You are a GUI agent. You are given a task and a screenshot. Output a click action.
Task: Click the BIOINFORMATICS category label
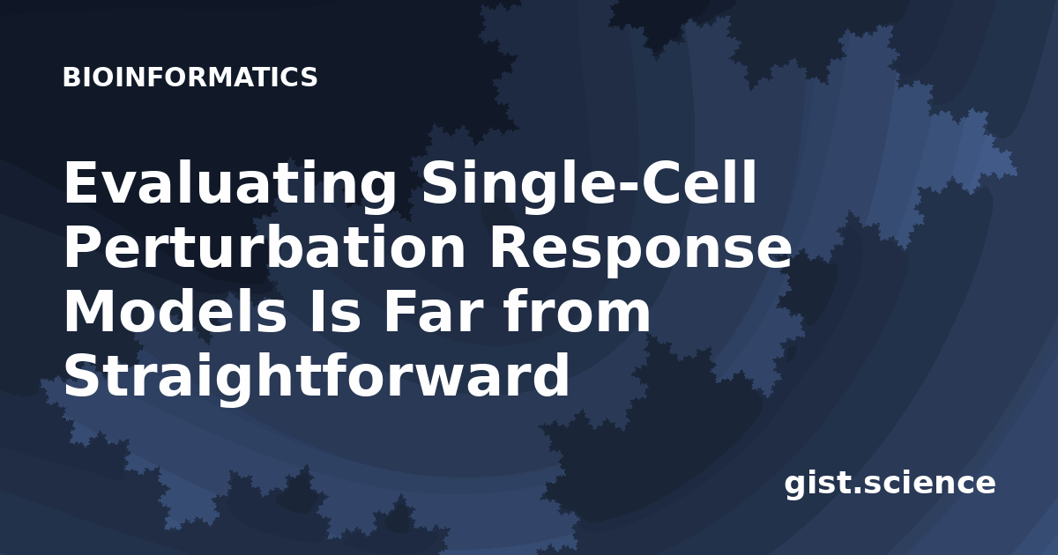click(x=190, y=77)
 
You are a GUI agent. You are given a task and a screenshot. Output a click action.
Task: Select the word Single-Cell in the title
click(x=590, y=183)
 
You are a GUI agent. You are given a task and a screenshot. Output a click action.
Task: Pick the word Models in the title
click(x=175, y=312)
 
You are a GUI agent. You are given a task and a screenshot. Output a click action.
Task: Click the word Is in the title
click(x=334, y=313)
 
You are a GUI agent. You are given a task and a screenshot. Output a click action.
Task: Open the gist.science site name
click(x=890, y=484)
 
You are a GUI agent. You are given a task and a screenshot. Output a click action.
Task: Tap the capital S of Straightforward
click(x=82, y=374)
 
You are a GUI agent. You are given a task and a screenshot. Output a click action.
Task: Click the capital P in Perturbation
click(x=82, y=248)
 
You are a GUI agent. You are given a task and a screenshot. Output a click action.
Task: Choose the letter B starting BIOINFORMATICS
click(x=71, y=77)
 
